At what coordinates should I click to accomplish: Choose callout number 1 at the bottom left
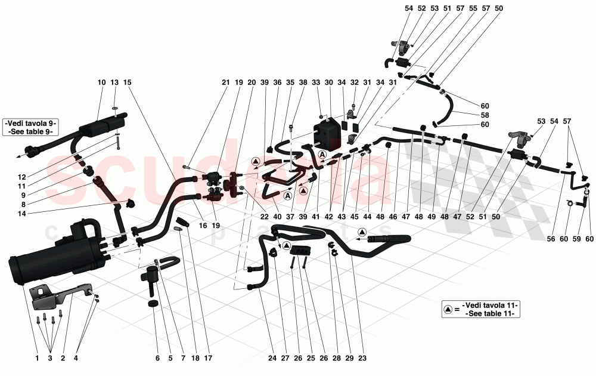point(36,358)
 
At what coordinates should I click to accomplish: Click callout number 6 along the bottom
point(157,358)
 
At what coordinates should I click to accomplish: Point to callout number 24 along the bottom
point(272,358)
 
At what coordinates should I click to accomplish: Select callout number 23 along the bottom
point(362,358)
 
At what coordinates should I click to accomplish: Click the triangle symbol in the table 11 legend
point(448,310)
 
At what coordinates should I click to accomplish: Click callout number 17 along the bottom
point(208,358)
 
